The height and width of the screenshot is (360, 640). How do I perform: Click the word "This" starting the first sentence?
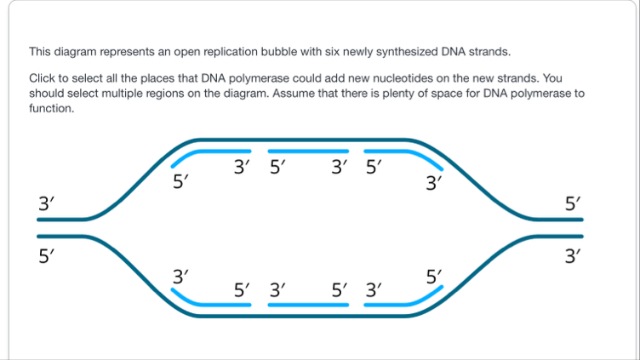coord(41,50)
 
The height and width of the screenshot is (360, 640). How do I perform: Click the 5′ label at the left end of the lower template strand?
coord(47,254)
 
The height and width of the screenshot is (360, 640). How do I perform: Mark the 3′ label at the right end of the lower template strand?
coord(574,254)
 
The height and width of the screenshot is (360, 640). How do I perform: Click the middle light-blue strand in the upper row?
coord(309,151)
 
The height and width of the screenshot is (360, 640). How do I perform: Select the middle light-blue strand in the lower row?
coord(309,304)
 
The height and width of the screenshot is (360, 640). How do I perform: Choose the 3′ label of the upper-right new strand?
coord(434,181)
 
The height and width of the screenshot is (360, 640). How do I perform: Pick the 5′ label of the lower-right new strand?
coord(434,276)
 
